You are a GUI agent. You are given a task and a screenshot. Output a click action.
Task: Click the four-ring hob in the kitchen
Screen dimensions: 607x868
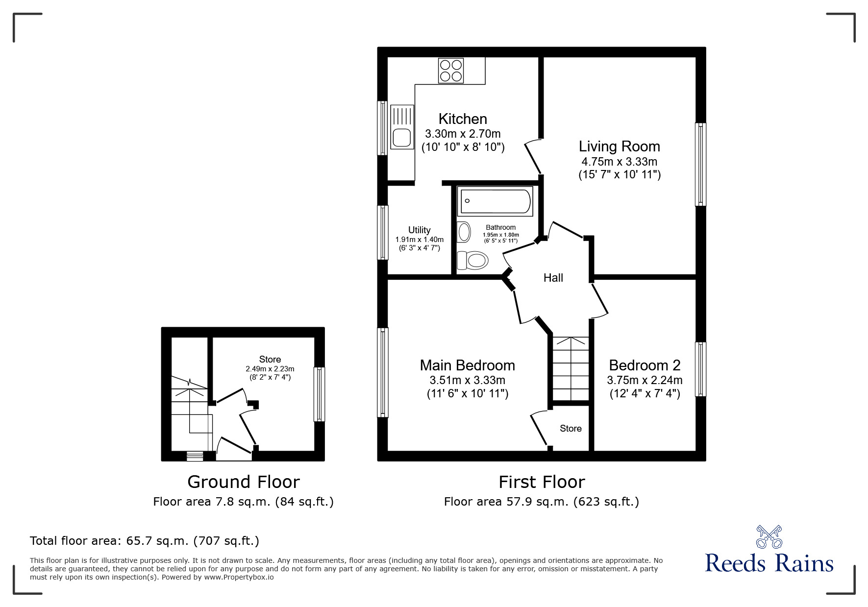click(450, 71)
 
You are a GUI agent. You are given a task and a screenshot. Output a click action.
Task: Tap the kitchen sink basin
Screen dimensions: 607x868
click(401, 138)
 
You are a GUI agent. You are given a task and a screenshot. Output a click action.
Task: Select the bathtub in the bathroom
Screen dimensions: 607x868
click(495, 201)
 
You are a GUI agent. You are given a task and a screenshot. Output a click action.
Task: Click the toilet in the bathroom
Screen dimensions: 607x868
click(472, 260)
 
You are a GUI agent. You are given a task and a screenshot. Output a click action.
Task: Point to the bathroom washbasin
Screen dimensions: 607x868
click(464, 232)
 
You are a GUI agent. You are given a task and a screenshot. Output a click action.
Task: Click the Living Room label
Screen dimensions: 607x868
click(619, 146)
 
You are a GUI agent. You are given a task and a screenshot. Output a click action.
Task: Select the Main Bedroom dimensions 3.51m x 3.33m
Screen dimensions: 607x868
click(467, 380)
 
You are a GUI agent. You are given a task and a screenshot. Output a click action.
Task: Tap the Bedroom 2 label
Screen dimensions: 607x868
click(645, 365)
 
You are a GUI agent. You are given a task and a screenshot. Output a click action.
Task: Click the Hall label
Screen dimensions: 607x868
click(553, 278)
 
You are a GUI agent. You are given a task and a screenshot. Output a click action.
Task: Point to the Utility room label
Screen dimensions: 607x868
click(419, 230)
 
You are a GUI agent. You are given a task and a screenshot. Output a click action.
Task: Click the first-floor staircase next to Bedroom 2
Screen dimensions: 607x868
click(570, 368)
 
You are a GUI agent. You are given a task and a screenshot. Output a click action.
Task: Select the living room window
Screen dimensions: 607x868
click(701, 164)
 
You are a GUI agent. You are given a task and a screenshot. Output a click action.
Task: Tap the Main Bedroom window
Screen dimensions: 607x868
click(382, 372)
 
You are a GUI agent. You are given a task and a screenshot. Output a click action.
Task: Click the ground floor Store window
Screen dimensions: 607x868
click(319, 394)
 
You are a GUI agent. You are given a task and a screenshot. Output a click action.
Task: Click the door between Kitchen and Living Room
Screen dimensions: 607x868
click(533, 157)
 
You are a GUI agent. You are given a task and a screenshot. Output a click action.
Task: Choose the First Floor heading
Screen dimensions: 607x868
click(542, 482)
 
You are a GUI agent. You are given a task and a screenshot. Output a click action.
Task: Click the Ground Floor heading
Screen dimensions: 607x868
click(244, 482)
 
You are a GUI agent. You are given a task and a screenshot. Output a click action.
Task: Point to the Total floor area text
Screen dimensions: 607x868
click(145, 541)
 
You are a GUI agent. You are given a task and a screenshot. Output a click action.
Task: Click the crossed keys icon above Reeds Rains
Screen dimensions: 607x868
click(769, 537)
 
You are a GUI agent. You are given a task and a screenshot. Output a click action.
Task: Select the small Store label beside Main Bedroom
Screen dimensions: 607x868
click(570, 429)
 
